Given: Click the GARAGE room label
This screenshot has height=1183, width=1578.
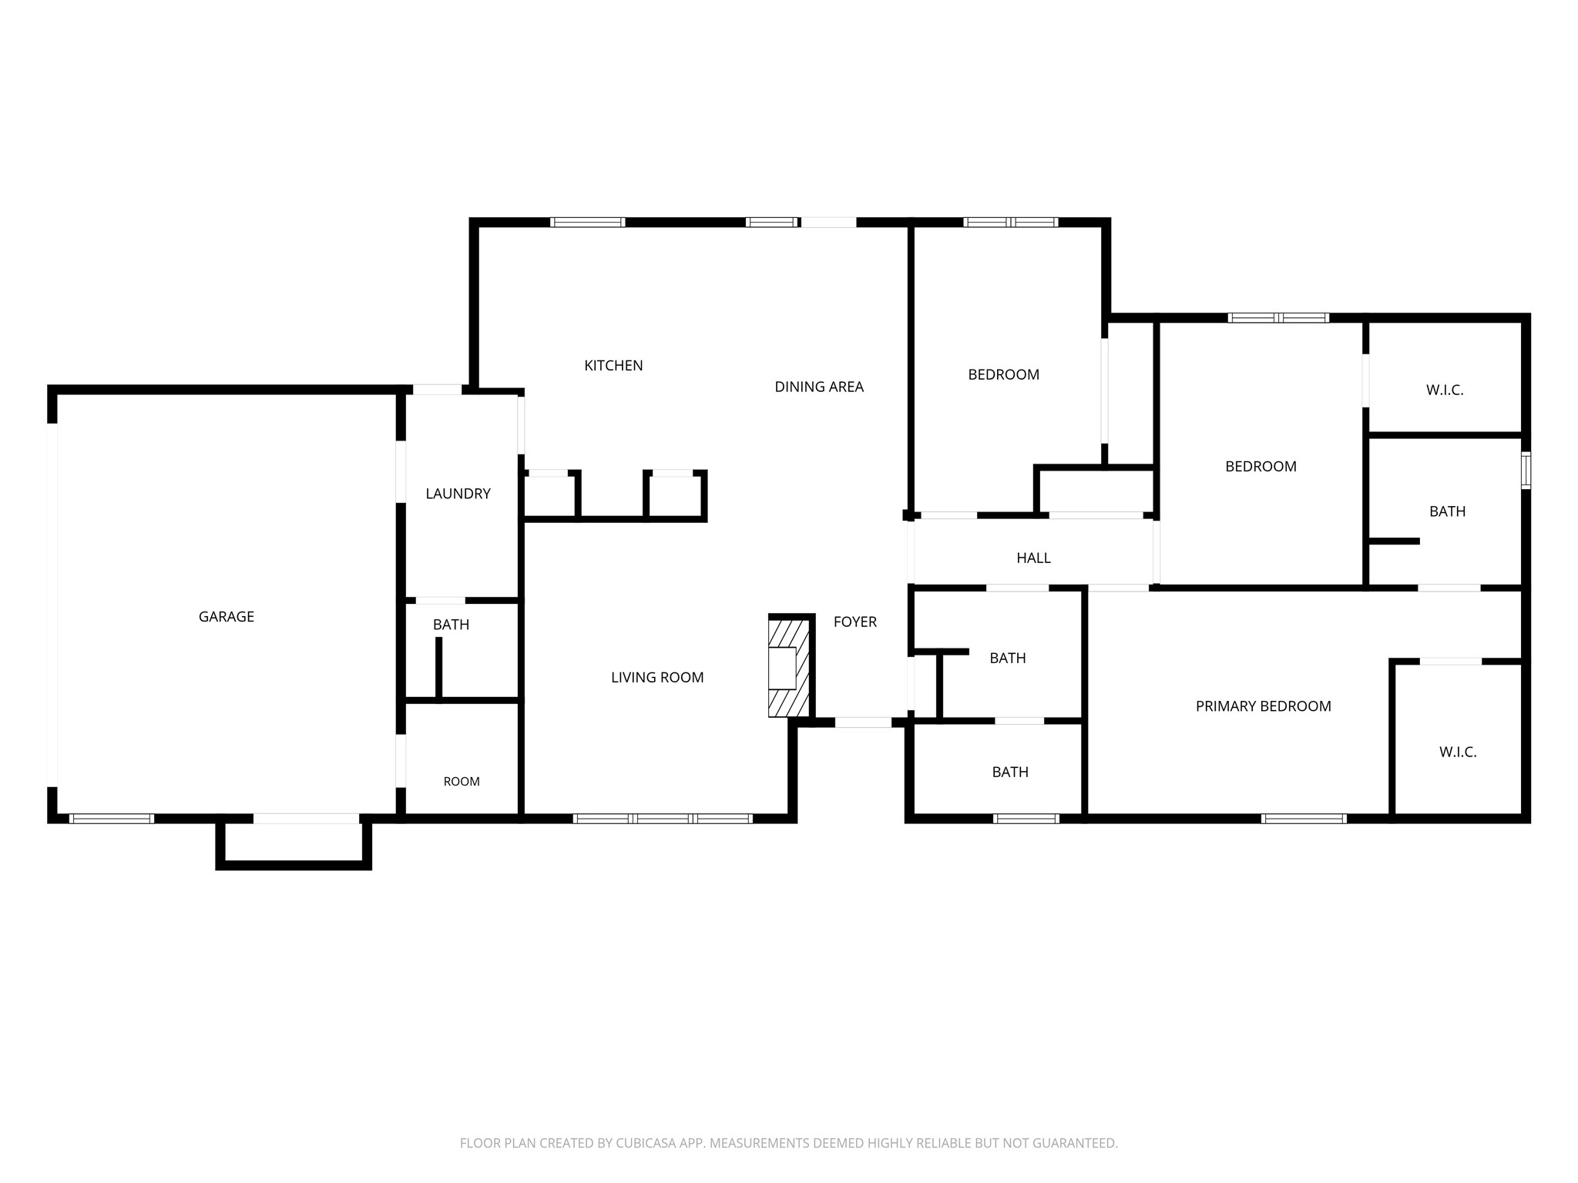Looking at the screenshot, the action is [226, 616].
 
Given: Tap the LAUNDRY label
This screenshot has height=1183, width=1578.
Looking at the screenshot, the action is [458, 494].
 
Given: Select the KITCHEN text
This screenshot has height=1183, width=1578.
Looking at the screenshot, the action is [613, 366].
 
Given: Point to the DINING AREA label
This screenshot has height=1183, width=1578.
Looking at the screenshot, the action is [819, 387].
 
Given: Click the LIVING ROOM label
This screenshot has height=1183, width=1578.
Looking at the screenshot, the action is [657, 678].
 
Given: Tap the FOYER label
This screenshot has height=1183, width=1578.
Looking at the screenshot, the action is [855, 622].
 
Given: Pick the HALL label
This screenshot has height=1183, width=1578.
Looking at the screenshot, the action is [1033, 558].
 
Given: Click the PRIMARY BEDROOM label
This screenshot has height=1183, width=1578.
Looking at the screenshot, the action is [1263, 706].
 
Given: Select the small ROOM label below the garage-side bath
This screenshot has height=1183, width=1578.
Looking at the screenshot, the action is [462, 782].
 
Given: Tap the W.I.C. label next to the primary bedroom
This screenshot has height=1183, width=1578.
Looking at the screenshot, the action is [1458, 752].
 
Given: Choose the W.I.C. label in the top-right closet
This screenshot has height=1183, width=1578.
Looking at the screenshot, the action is [1445, 390].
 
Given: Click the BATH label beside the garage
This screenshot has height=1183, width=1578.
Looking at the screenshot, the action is [451, 625].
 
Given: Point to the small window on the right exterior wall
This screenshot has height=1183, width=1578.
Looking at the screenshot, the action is [1526, 471].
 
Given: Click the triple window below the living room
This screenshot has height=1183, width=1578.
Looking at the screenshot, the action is [663, 818].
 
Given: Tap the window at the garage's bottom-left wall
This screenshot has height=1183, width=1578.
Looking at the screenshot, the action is [112, 818].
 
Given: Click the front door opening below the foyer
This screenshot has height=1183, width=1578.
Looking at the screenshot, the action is [863, 722].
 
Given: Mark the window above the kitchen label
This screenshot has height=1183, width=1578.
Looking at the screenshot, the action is [588, 223].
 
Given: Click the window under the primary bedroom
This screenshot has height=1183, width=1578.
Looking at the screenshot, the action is [1304, 818].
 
